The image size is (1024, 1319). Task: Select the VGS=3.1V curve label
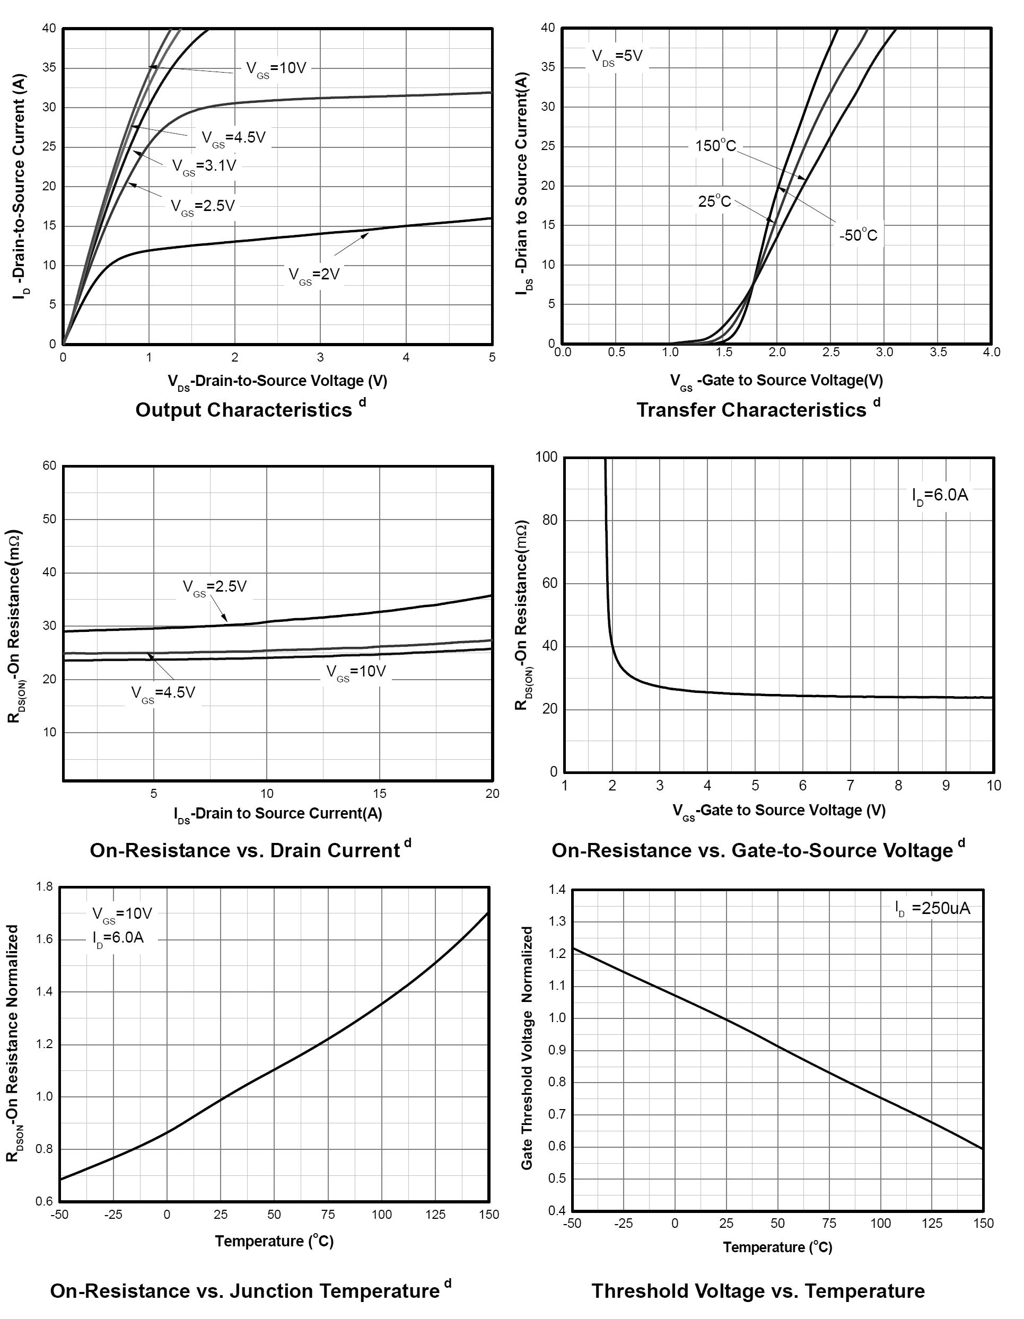tap(204, 166)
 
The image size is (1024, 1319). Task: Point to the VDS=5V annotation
tap(617, 57)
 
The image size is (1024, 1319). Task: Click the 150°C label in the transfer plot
tap(715, 146)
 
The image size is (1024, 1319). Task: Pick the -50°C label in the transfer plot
tap(858, 235)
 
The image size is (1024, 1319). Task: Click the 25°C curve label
tap(714, 201)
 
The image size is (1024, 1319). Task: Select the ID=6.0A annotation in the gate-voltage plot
tap(940, 496)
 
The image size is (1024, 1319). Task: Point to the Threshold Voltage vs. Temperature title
tap(758, 1290)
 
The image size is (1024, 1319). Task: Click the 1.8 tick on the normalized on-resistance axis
tap(45, 886)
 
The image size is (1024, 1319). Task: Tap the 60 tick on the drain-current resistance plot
tap(49, 465)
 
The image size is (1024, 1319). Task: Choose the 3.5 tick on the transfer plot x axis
tap(938, 352)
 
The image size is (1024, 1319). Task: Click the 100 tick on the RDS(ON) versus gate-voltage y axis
tap(546, 457)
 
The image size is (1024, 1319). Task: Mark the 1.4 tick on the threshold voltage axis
tap(557, 890)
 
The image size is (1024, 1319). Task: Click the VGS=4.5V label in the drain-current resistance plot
tap(163, 693)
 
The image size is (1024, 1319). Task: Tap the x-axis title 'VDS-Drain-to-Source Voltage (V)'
tap(277, 381)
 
